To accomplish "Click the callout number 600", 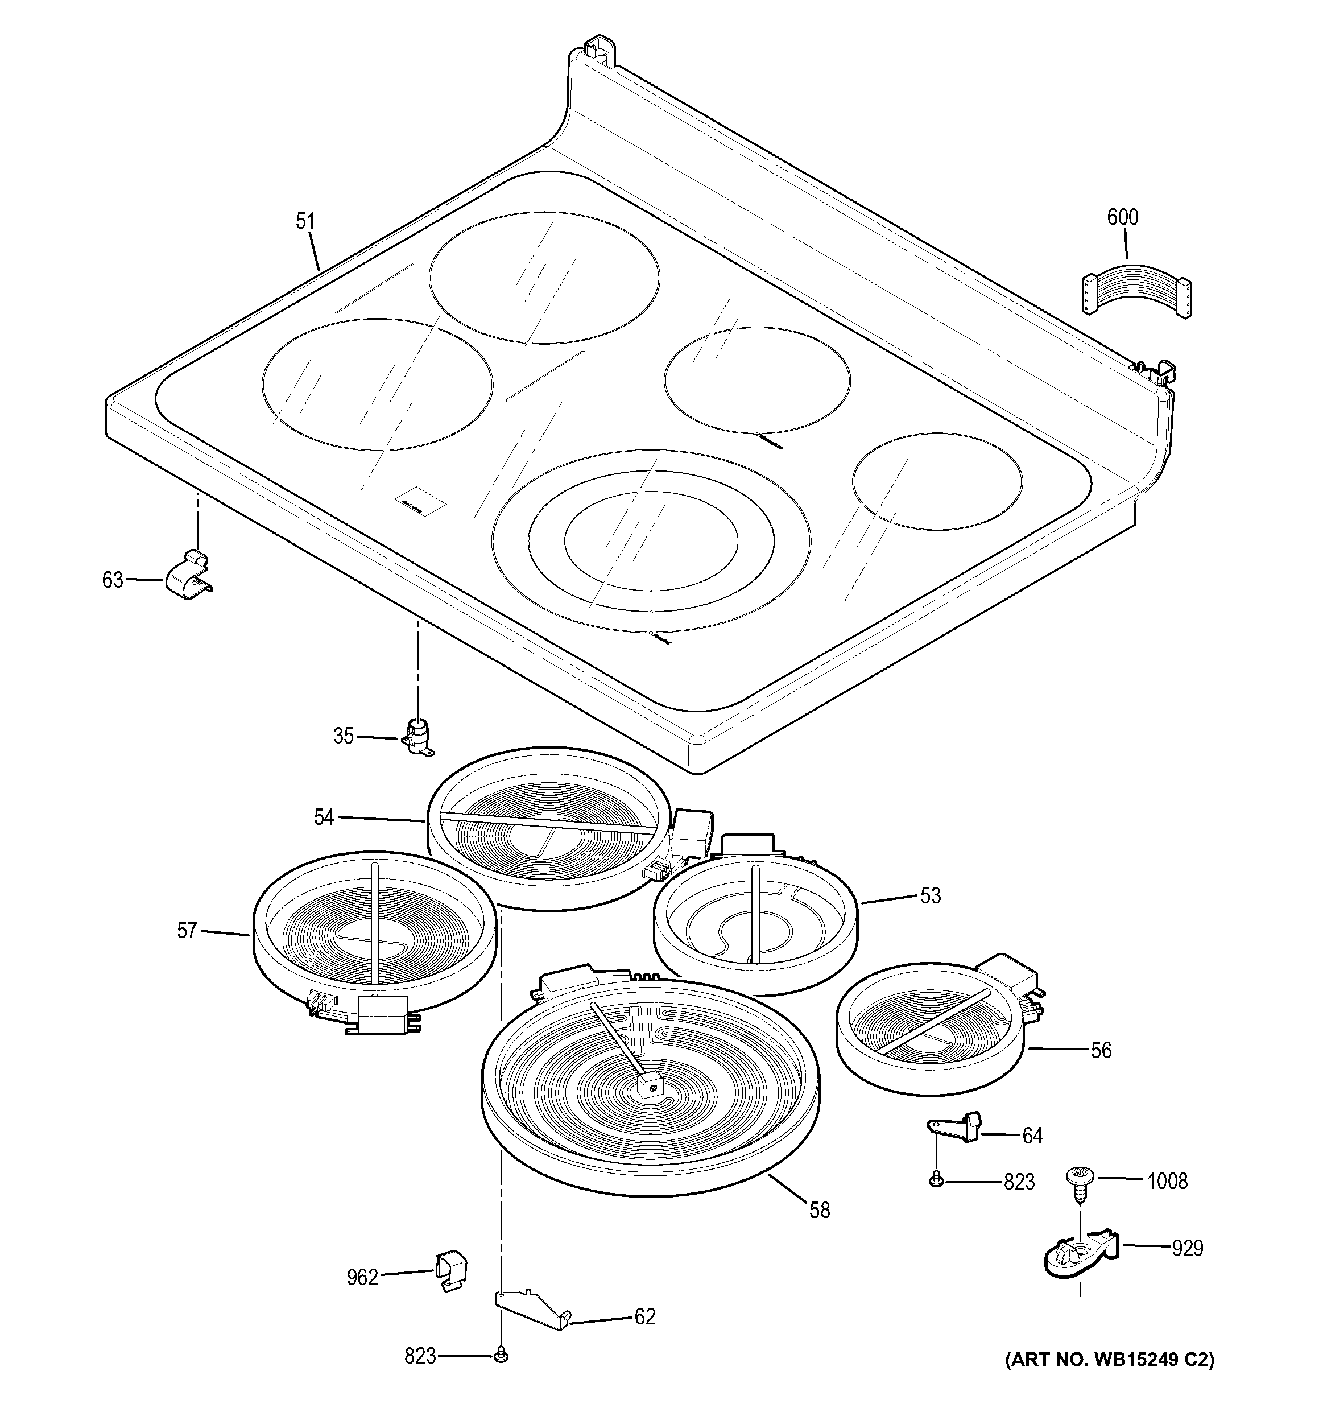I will [x=1123, y=217].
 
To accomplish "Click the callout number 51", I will [x=305, y=222].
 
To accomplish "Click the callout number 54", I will [x=324, y=817].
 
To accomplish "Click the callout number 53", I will [x=931, y=895].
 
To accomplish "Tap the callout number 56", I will [x=1101, y=1050].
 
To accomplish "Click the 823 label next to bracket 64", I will [x=1019, y=1182].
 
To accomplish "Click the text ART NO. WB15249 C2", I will [x=1109, y=1359].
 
